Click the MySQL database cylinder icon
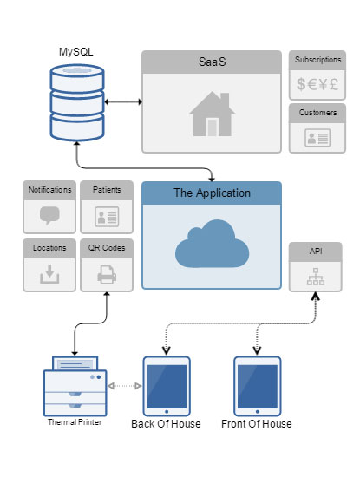point(77,102)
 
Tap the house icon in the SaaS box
point(213,114)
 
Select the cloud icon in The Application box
point(213,244)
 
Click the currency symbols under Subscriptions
point(317,84)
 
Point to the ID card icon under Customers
point(317,138)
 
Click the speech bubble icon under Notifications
point(49,215)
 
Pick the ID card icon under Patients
point(107,217)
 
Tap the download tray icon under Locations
point(49,274)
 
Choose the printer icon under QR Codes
point(107,274)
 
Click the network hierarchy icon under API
point(316,277)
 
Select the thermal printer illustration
point(75,386)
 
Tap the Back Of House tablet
point(167,386)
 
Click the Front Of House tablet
point(257,386)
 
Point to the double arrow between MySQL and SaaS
point(123,101)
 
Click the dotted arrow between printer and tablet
point(125,386)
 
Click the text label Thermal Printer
point(75,422)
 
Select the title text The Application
point(213,193)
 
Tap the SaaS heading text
point(213,62)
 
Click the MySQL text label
point(76,52)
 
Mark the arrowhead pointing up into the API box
point(316,296)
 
